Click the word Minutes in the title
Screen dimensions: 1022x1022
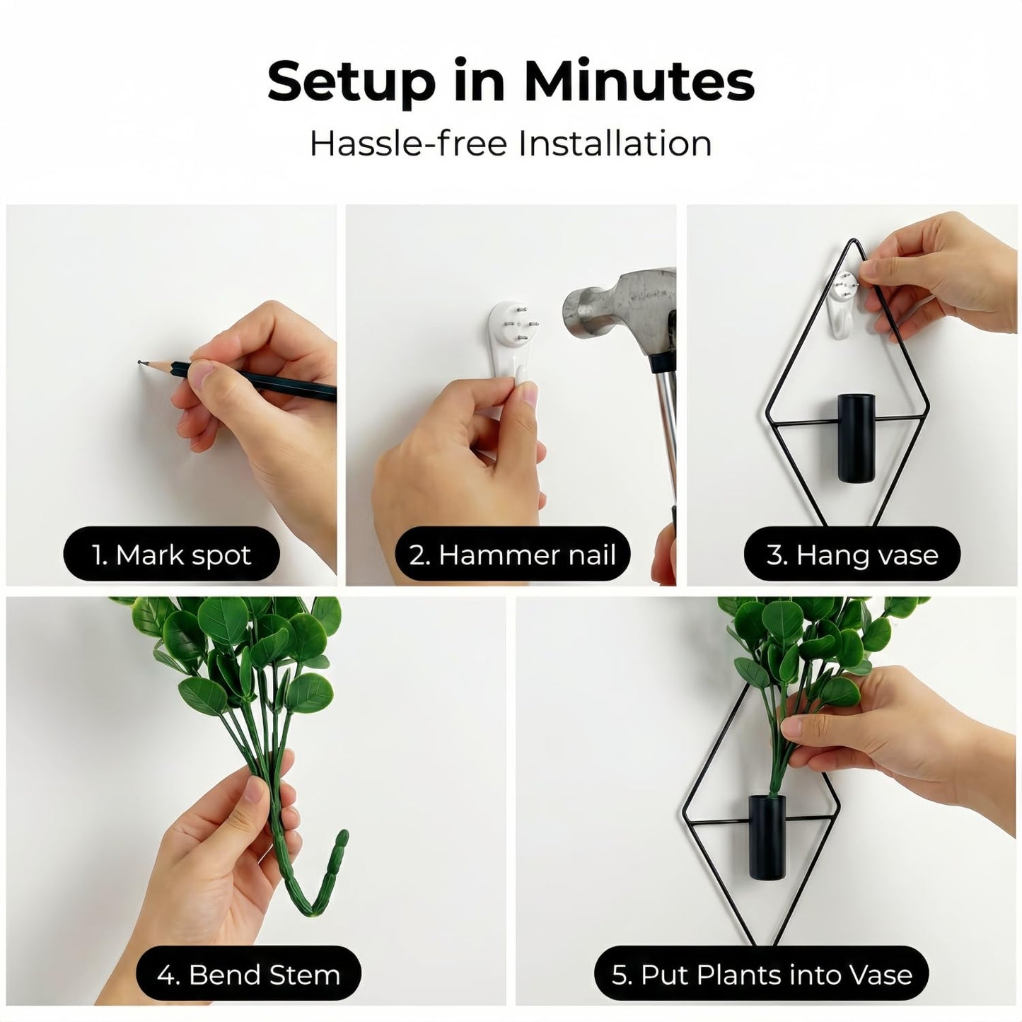coord(639,81)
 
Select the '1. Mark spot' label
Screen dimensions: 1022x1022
coord(172,554)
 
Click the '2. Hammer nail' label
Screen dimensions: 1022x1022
coord(512,554)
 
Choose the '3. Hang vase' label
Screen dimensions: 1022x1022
coord(852,554)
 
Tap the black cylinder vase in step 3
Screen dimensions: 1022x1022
coord(856,438)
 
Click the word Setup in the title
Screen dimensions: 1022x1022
coord(352,82)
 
